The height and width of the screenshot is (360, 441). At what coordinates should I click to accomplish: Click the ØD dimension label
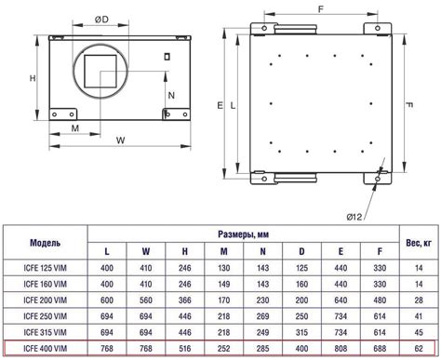[x=101, y=20]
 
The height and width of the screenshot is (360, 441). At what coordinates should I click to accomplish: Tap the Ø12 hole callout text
[x=354, y=217]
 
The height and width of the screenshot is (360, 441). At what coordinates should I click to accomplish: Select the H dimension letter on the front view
[x=33, y=78]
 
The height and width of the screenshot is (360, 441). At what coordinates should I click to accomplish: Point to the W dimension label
[x=120, y=140]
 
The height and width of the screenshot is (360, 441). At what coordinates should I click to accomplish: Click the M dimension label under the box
[x=75, y=128]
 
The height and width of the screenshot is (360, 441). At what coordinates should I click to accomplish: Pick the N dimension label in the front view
[x=171, y=95]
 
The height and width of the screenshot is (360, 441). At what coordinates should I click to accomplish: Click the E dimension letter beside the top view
[x=220, y=105]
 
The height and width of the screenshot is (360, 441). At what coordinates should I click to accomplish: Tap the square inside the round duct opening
[x=100, y=72]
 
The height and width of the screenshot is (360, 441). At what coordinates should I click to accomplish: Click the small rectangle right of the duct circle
[x=167, y=57]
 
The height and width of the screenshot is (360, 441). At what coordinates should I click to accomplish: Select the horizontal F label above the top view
[x=321, y=9]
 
